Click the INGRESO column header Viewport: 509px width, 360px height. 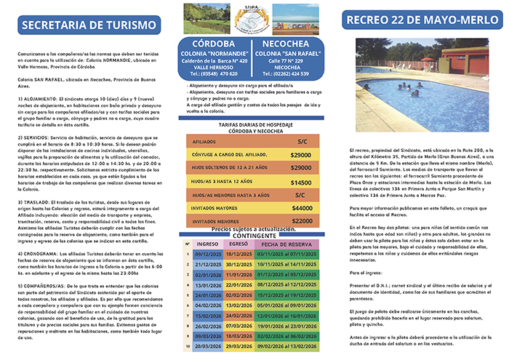pos(209,244)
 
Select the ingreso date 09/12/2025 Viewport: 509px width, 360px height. pos(209,255)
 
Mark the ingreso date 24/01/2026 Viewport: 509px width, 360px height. pos(209,296)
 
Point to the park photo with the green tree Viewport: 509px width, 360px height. pos(206,20)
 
